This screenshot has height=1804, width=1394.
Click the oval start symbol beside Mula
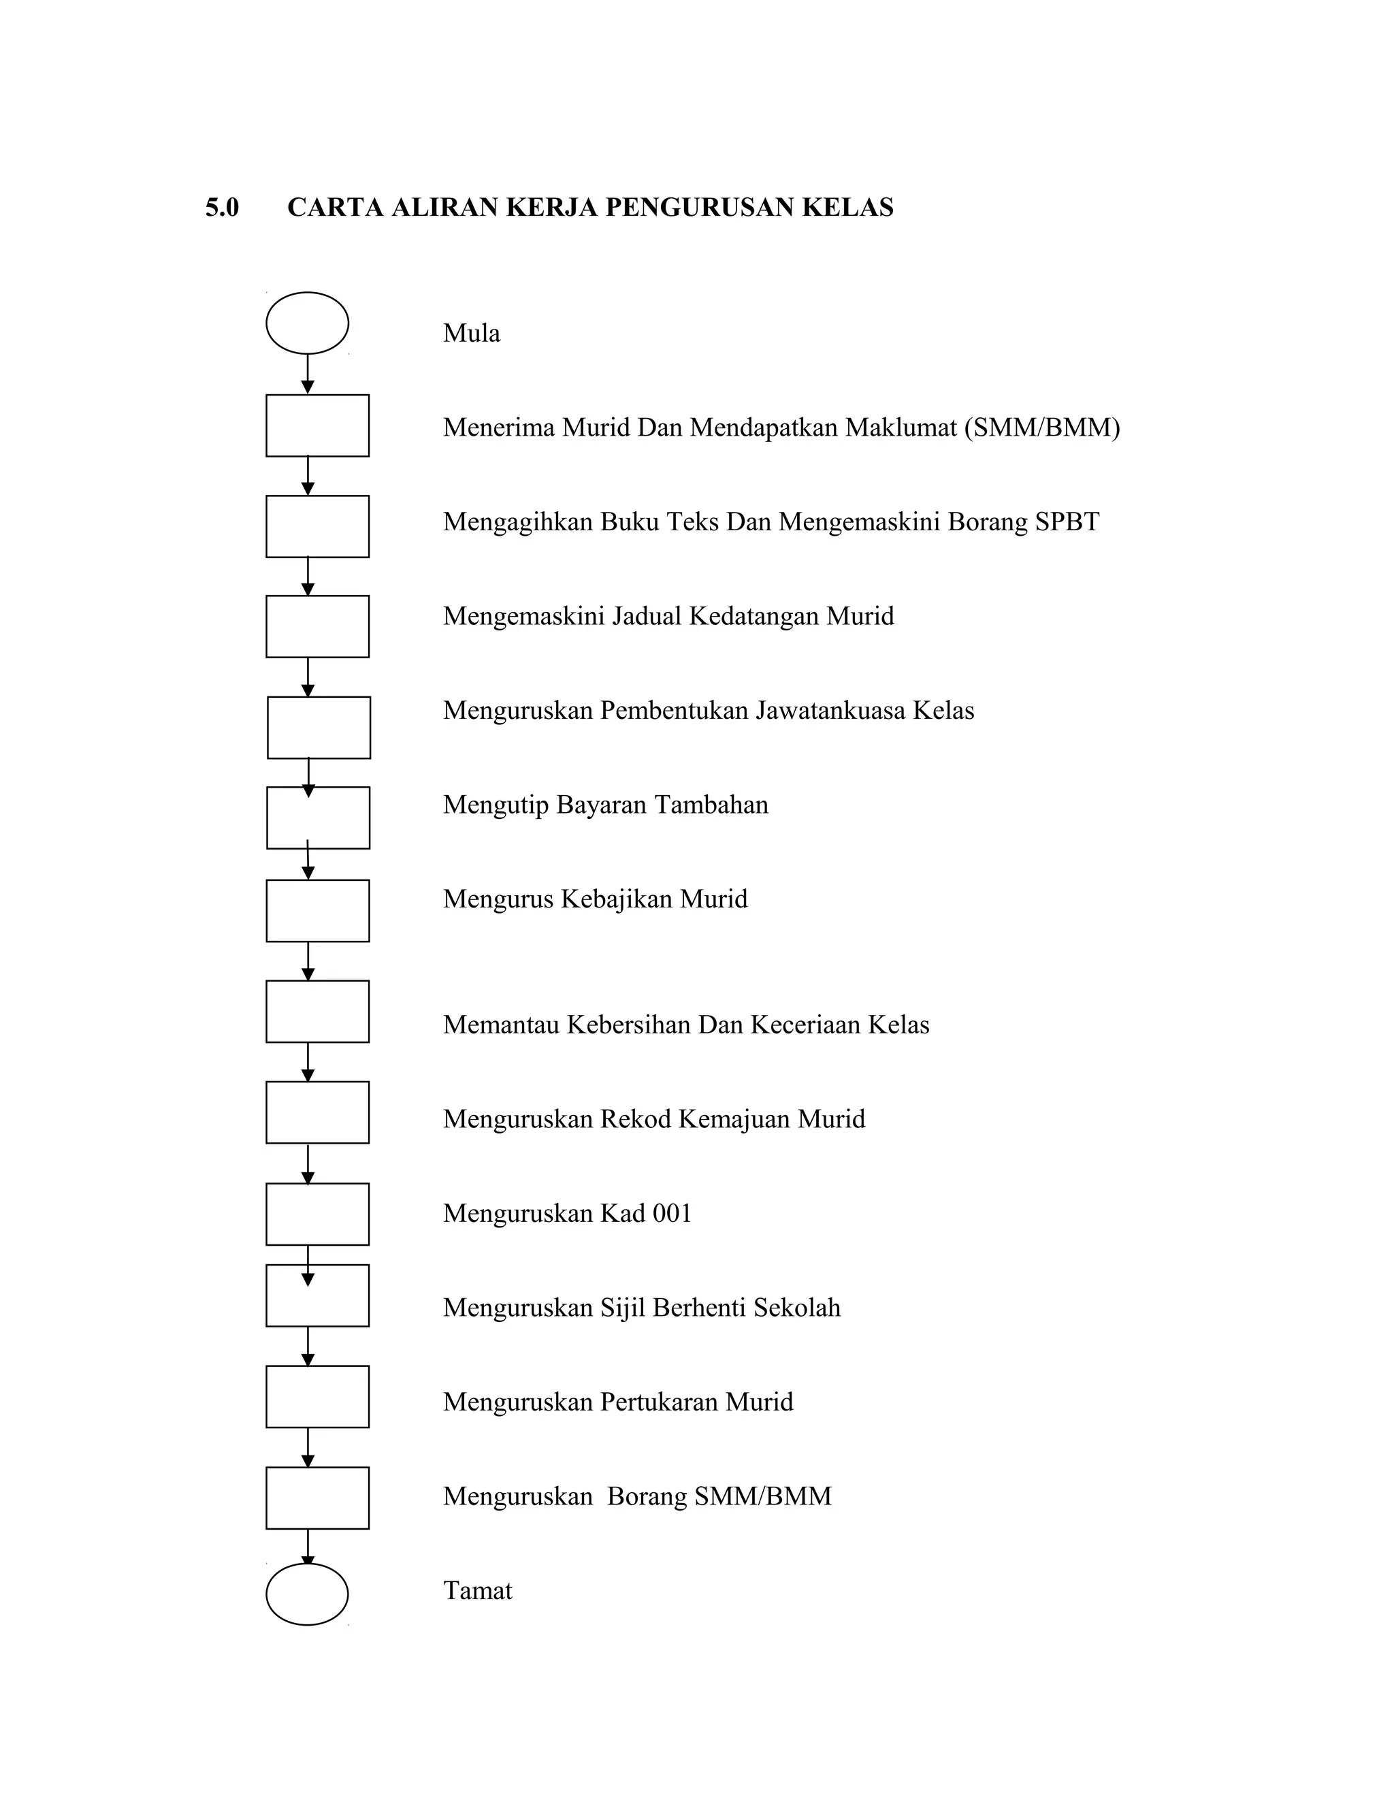[x=307, y=323]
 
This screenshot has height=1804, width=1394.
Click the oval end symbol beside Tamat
[x=307, y=1594]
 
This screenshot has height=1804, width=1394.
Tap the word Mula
[x=472, y=333]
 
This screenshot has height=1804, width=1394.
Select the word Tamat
[x=477, y=1590]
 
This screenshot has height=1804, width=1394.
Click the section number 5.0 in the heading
[x=222, y=208]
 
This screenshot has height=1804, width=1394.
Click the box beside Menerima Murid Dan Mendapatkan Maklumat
[x=317, y=425]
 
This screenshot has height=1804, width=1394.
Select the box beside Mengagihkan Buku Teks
[x=317, y=526]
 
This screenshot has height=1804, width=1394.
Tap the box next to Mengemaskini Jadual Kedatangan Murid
[x=317, y=626]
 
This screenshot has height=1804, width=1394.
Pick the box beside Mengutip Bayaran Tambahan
[x=318, y=818]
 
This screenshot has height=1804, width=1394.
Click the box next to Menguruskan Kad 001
[x=317, y=1213]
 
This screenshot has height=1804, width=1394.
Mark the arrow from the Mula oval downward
[x=307, y=375]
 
